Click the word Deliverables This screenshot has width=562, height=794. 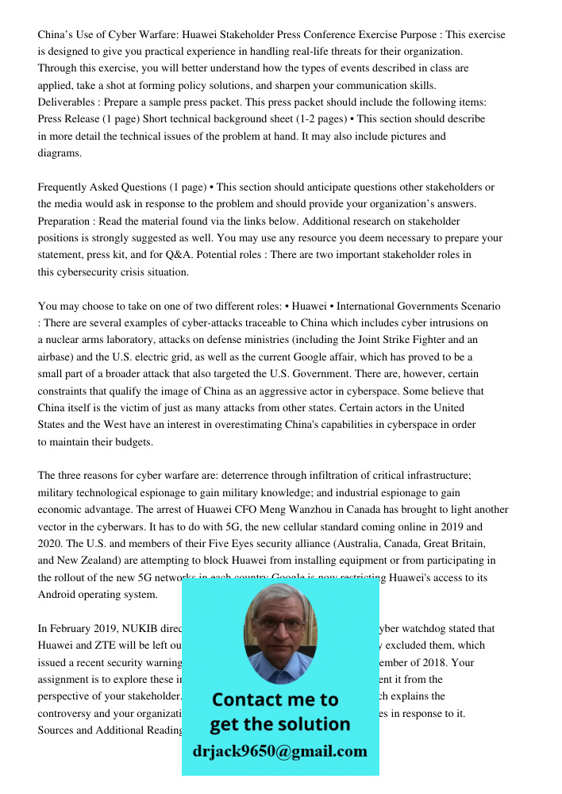click(x=67, y=102)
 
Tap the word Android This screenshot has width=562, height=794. click(x=60, y=594)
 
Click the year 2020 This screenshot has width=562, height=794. click(x=50, y=544)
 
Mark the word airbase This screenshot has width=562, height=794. click(x=56, y=357)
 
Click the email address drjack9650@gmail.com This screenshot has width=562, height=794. click(x=279, y=750)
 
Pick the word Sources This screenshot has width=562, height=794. click(x=58, y=730)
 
